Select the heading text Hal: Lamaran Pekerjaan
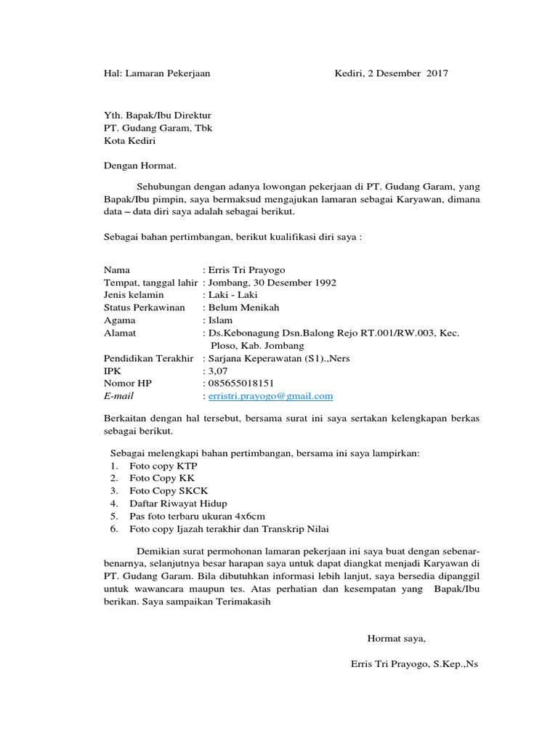point(157,73)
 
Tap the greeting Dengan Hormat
point(140,166)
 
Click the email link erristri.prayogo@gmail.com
point(270,396)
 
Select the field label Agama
point(120,320)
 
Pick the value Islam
point(221,320)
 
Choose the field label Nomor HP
point(128,383)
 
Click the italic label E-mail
point(119,396)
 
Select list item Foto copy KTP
point(163,466)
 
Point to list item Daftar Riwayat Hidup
point(178,504)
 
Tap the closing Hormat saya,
point(397,639)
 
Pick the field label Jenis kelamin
point(134,295)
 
